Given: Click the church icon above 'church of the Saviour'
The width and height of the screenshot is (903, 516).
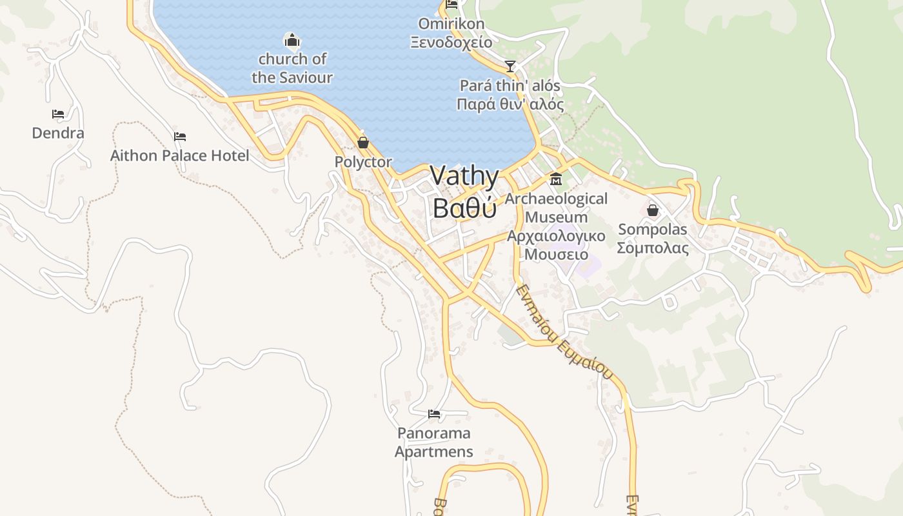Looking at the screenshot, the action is pos(292,41).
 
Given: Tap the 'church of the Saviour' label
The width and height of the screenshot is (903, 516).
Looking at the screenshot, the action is pos(292,68).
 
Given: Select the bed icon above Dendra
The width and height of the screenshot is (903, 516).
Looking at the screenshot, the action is pos(58,114).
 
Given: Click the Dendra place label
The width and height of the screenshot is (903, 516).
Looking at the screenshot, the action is pos(58,134).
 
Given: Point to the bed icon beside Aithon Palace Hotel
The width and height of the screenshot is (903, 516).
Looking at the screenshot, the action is pos(180,137).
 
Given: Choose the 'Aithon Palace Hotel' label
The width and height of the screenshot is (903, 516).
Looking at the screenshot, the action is pos(179,155).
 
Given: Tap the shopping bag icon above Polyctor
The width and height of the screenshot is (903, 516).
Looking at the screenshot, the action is pos(363,143).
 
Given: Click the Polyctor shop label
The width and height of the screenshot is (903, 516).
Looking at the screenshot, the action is pos(363,162).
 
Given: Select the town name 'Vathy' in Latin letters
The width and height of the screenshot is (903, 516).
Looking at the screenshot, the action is pos(464,177).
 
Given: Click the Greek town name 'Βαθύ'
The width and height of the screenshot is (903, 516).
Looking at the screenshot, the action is pos(464,208).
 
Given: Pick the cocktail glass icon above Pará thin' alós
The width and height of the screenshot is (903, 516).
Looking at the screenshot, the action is pos(510,66).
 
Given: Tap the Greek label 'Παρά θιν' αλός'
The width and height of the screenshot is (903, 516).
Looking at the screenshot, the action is pos(510,104).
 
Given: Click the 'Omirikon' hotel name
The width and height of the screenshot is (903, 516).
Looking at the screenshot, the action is pos(451,24).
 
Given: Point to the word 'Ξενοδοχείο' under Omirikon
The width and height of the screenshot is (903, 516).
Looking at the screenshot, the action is pos(451,43).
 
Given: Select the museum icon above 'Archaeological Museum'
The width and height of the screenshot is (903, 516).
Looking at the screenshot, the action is pos(555,179).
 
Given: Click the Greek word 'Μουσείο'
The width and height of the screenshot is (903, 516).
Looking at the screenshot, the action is pos(556,254).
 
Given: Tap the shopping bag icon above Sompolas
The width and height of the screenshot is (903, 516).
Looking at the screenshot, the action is pos(653,210).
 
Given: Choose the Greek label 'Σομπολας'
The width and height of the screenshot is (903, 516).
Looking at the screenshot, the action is pos(653,248).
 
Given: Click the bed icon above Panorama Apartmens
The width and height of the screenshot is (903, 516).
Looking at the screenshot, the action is pos(434,413).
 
